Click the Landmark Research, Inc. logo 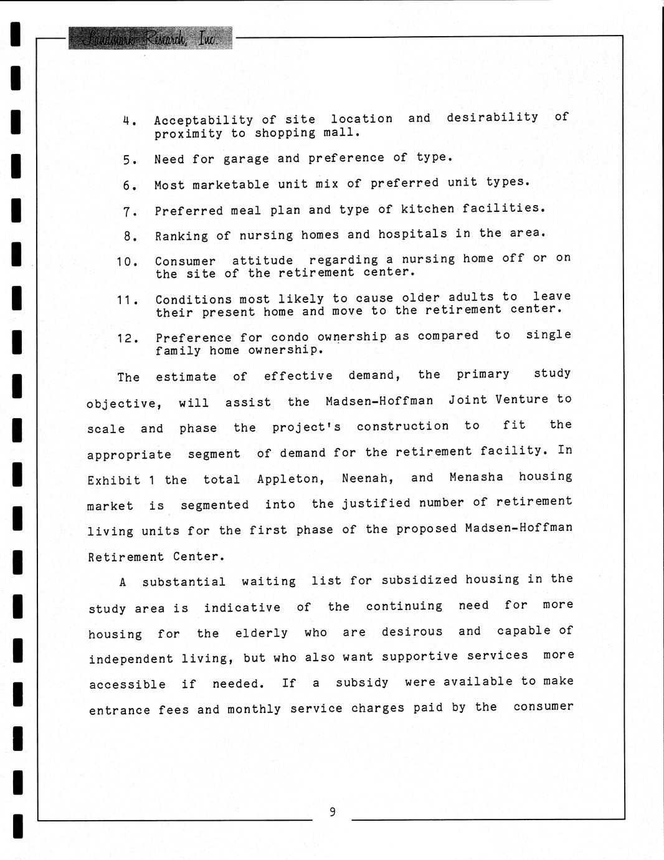tap(150, 38)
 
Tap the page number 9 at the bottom tap(333, 811)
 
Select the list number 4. tap(128, 120)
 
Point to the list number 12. tap(127, 338)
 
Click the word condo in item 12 tap(290, 337)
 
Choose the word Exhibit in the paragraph tap(114, 480)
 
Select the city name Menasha tap(476, 477)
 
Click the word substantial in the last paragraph tap(184, 582)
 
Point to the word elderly tap(261, 633)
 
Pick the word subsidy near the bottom tap(362, 682)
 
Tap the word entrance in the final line tap(119, 710)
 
